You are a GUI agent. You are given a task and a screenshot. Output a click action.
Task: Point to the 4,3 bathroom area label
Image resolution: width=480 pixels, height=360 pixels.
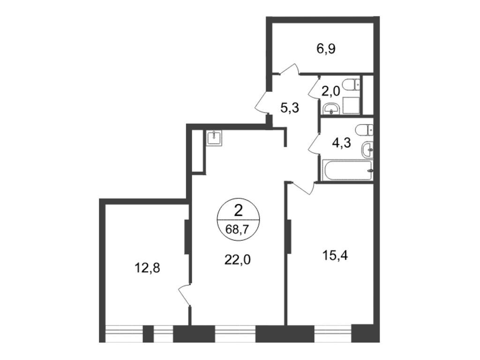point(340,142)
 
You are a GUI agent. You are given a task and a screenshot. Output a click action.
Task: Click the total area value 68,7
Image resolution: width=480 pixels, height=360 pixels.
point(238,229)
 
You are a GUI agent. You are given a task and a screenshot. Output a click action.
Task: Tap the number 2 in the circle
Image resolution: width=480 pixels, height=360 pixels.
point(238,210)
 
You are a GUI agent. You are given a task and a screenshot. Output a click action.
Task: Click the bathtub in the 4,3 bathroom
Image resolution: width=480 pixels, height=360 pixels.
point(347,170)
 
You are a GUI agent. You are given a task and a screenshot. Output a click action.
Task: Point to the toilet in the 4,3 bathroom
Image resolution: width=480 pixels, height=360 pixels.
point(364,129)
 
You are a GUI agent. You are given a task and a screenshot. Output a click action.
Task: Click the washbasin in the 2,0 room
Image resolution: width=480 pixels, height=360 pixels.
point(332,108)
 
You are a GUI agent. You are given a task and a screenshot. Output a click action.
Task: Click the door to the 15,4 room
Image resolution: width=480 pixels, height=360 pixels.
point(302,187)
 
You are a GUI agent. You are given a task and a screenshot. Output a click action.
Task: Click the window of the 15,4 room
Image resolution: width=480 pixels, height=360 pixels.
point(332,332)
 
